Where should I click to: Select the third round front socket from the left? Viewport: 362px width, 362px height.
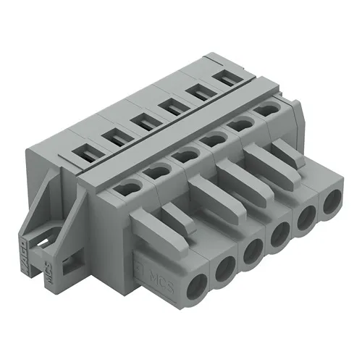coord(251,251)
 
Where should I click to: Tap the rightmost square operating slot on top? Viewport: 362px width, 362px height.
coord(227,78)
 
